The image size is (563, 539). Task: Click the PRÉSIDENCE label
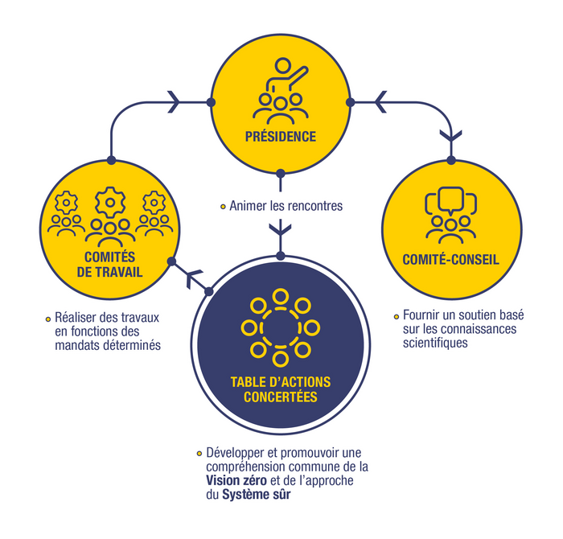tap(280, 136)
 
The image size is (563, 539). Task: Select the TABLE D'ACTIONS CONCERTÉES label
tap(280, 389)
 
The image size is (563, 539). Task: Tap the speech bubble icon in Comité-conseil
tap(450, 200)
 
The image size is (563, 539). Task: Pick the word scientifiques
tap(435, 342)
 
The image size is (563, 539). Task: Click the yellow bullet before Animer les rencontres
tap(223, 207)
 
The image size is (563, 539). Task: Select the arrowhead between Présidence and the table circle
tap(280, 233)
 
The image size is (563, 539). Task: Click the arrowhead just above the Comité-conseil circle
tap(451, 138)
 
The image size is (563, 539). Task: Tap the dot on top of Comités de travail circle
tap(112, 159)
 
